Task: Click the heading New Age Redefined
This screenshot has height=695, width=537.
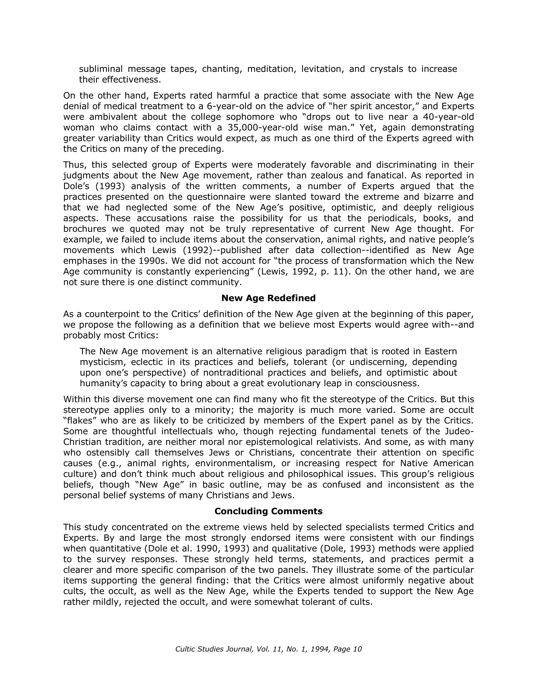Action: pyautogui.click(x=268, y=298)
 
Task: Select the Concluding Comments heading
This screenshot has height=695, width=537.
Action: pyautogui.click(x=268, y=511)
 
